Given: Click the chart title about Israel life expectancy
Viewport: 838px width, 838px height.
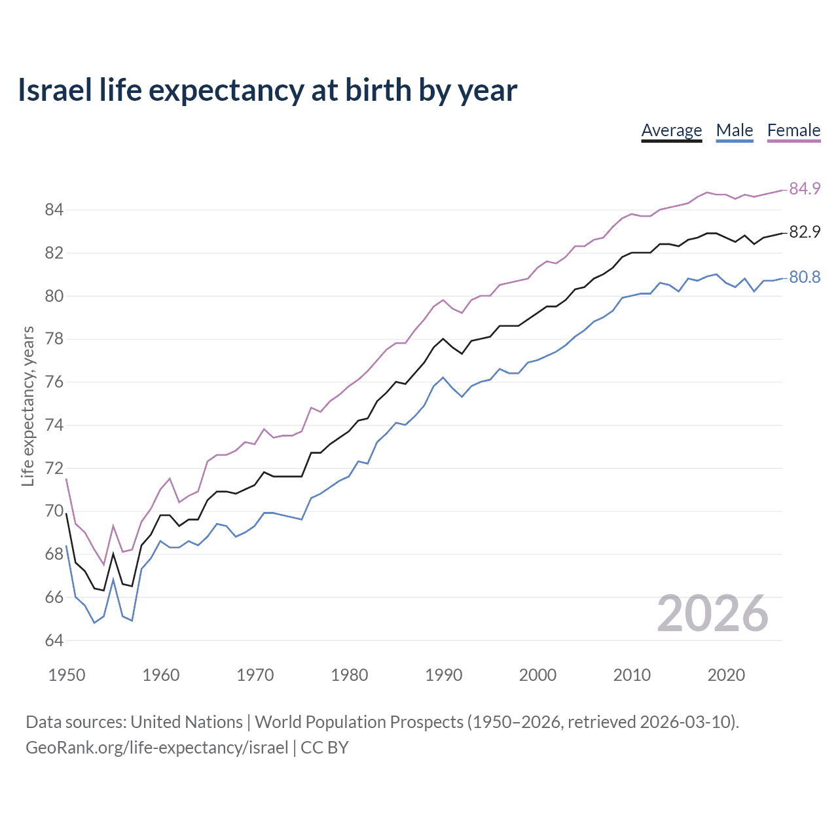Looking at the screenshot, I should (267, 90).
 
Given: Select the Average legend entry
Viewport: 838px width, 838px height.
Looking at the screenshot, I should (671, 130).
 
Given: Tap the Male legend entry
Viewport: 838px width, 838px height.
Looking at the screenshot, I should (734, 130).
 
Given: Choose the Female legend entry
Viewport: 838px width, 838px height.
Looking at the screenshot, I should (793, 130).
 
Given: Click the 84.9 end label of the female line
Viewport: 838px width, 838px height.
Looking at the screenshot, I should (805, 189).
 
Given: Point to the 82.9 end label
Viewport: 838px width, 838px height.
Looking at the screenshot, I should (805, 232).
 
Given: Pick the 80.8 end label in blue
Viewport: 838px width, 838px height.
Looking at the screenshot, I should (805, 277).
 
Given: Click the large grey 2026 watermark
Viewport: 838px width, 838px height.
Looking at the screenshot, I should (712, 613).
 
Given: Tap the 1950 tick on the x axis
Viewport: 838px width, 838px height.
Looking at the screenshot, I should (67, 675).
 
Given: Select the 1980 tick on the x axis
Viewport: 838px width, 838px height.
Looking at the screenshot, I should (349, 675).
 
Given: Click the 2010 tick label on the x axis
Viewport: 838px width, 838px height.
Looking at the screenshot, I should (632, 675).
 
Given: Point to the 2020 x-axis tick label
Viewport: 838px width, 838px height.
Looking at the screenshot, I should (726, 675).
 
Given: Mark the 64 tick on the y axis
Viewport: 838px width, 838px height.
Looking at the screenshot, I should (54, 640).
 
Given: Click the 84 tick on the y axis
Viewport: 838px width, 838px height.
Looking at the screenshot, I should (54, 210).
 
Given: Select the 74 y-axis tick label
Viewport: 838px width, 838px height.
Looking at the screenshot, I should (54, 425).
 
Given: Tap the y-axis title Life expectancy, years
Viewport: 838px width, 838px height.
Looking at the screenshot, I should (27, 407).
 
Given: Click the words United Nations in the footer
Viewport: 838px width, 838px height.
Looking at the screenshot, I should (187, 722).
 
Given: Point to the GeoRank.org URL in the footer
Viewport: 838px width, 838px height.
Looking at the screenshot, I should (156, 748).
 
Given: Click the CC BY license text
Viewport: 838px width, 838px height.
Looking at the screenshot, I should (325, 748).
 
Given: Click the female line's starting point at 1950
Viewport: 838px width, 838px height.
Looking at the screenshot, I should (67, 480).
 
